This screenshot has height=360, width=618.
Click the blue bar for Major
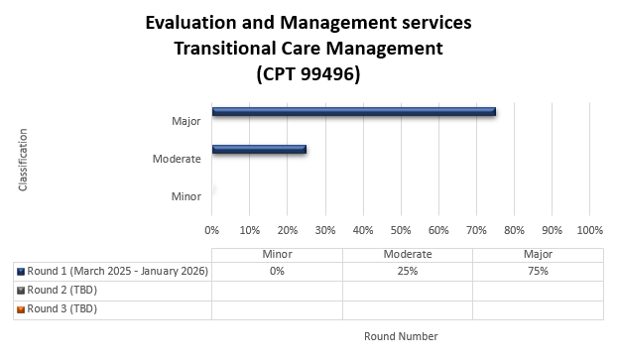353,112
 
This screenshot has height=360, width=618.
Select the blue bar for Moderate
259,150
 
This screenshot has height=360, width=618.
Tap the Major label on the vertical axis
186,121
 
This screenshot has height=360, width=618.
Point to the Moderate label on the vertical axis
178,159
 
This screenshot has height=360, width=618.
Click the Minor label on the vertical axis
186,196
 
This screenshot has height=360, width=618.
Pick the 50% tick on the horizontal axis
401,230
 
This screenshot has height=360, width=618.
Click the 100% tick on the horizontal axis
589,230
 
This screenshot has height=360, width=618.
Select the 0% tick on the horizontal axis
212,230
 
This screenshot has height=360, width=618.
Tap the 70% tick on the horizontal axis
476,230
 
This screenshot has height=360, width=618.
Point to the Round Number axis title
401,336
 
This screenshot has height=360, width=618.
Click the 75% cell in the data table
538,271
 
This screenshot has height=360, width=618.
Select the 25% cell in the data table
407,271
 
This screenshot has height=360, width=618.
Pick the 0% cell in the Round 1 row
277,271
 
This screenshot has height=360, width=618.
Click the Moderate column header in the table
407,254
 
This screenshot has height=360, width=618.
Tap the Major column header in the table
538,254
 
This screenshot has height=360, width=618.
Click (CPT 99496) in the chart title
308,73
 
